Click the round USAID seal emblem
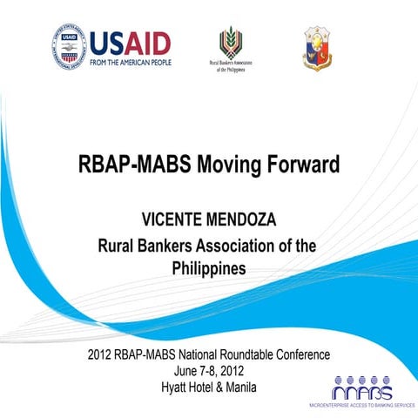[x=69, y=47]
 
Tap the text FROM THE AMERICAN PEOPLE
[x=130, y=62]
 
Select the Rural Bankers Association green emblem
[x=229, y=42]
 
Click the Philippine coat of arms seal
[x=316, y=48]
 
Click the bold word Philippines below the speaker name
[x=209, y=268]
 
